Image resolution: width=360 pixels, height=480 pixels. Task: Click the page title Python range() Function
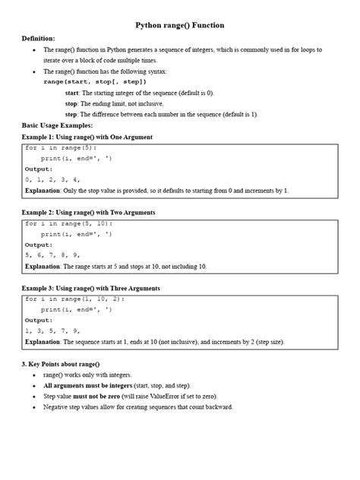[x=180, y=25]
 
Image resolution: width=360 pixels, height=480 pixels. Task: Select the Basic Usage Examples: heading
[x=58, y=125]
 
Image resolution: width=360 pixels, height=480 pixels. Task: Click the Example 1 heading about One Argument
[x=87, y=137]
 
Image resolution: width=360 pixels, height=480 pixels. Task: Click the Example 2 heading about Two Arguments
[x=89, y=213]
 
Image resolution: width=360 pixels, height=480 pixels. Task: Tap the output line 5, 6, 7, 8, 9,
[x=52, y=256]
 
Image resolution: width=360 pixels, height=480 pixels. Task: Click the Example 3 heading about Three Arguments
[x=90, y=289]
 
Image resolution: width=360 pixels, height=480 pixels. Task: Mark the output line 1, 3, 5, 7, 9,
[x=52, y=331]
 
